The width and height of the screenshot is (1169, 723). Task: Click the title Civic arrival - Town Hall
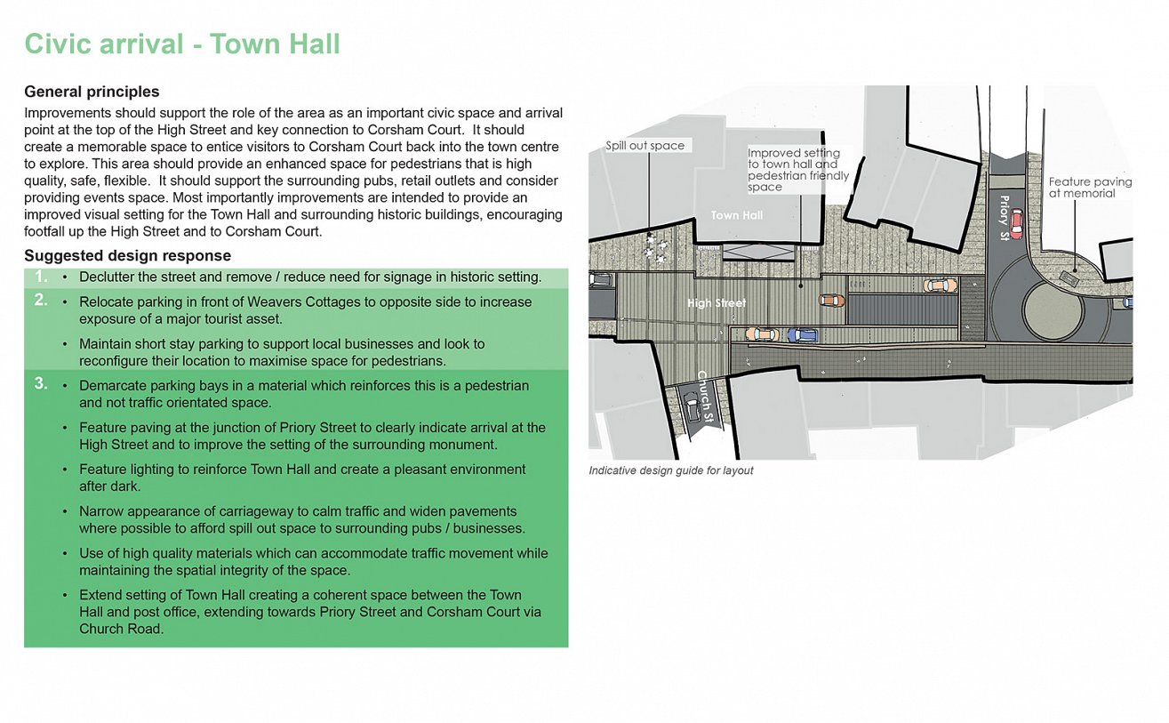click(182, 44)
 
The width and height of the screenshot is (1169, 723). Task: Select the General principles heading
click(92, 92)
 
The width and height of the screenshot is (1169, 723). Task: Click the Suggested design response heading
click(127, 256)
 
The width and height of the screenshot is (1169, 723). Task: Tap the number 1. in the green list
click(41, 277)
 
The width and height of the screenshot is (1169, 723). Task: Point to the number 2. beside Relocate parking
click(41, 300)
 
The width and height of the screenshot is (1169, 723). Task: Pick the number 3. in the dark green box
click(41, 384)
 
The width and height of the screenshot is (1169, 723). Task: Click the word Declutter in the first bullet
click(108, 277)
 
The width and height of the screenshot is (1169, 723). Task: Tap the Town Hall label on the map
click(736, 215)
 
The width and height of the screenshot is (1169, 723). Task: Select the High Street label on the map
click(717, 303)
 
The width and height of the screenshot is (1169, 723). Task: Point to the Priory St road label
click(1005, 217)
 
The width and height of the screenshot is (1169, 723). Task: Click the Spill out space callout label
click(645, 146)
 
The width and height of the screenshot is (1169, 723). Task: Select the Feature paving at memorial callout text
click(1090, 187)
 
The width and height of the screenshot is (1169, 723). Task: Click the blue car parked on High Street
click(803, 335)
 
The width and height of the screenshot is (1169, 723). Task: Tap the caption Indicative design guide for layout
click(670, 470)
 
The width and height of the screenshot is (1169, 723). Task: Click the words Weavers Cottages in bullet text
click(308, 302)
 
